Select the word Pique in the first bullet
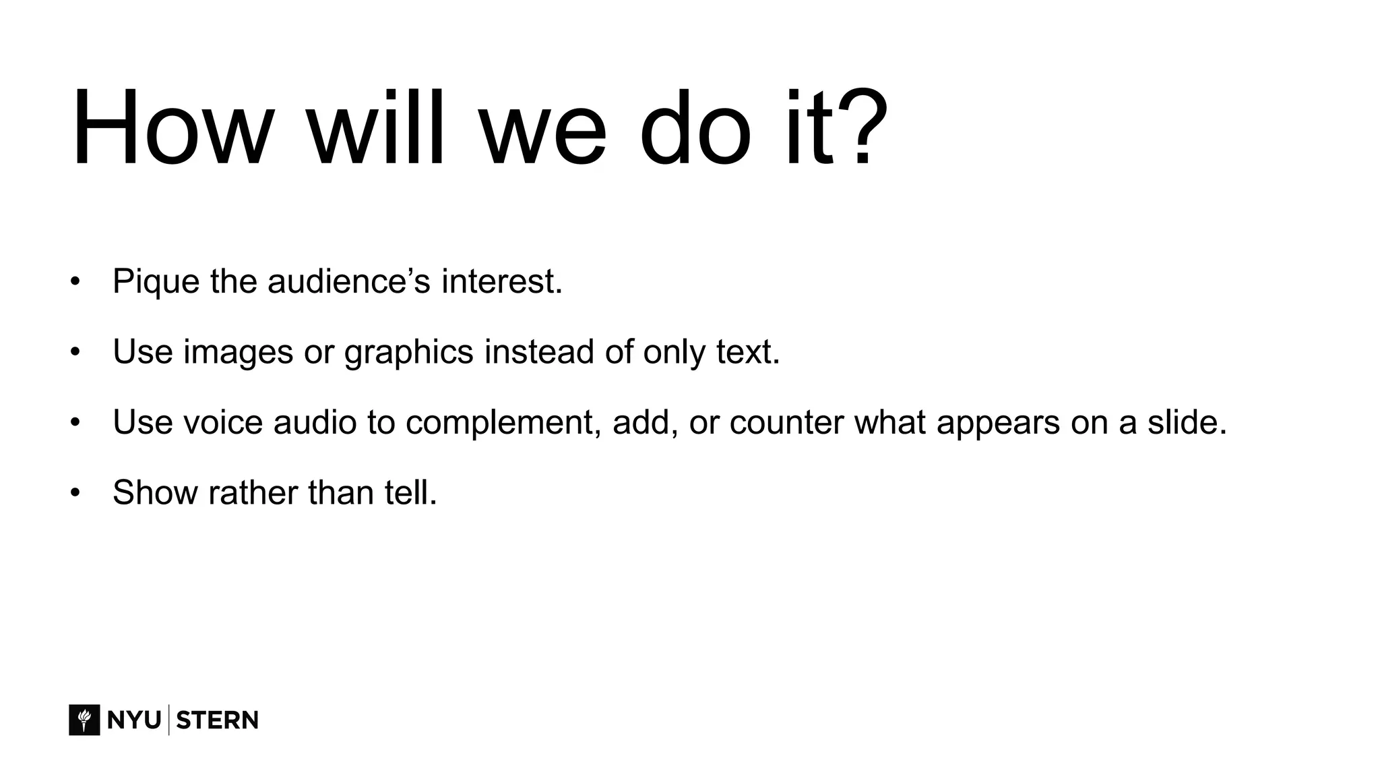point(156,282)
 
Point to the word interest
point(501,281)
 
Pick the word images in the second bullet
point(238,352)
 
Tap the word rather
point(253,492)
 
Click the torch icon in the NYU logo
point(84,720)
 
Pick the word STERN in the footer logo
point(217,720)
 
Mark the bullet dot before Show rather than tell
point(75,492)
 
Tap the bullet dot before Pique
point(75,281)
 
